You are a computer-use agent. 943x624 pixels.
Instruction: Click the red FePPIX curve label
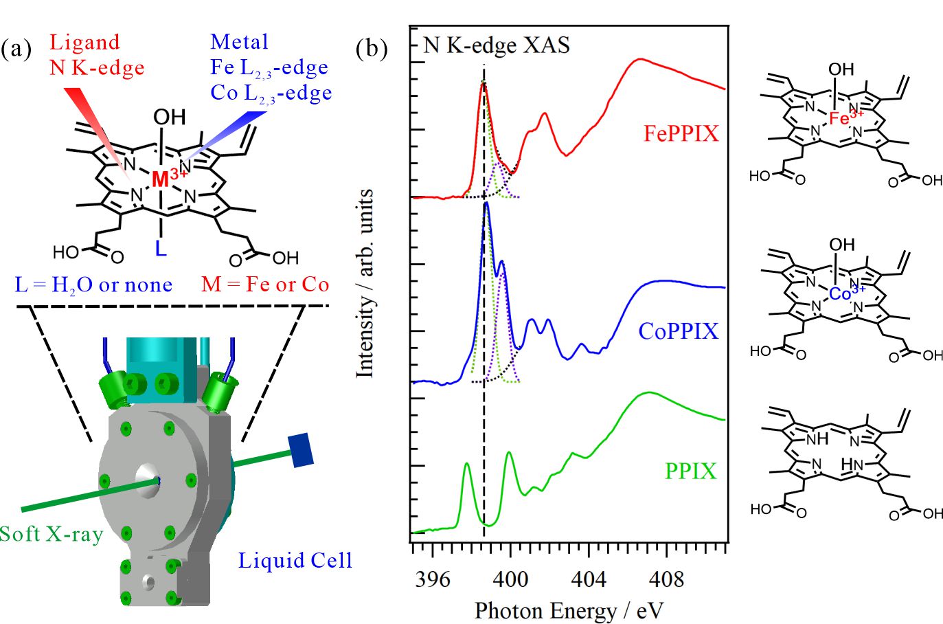coord(681,133)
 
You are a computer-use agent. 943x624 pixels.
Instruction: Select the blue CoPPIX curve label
coord(678,331)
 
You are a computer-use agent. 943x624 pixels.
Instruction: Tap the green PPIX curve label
coord(690,471)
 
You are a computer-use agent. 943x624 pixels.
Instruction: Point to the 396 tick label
coord(433,579)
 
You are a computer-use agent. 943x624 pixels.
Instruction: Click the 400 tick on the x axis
coord(510,579)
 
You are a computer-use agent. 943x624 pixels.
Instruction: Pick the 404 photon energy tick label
coord(589,579)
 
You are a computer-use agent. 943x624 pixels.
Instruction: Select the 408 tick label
coord(666,579)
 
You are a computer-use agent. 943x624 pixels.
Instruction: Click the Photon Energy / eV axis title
coord(569,610)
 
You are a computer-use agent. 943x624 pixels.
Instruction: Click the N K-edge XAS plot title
coord(497,45)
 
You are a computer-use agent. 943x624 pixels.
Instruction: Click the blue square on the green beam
coord(302,450)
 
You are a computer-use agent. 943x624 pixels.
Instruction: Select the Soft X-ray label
coord(52,534)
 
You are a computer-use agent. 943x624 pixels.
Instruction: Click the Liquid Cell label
coord(295,561)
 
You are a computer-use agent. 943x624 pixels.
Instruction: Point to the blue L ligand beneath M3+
coord(161,248)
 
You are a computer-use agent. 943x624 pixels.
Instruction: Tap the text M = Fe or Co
coord(265,284)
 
